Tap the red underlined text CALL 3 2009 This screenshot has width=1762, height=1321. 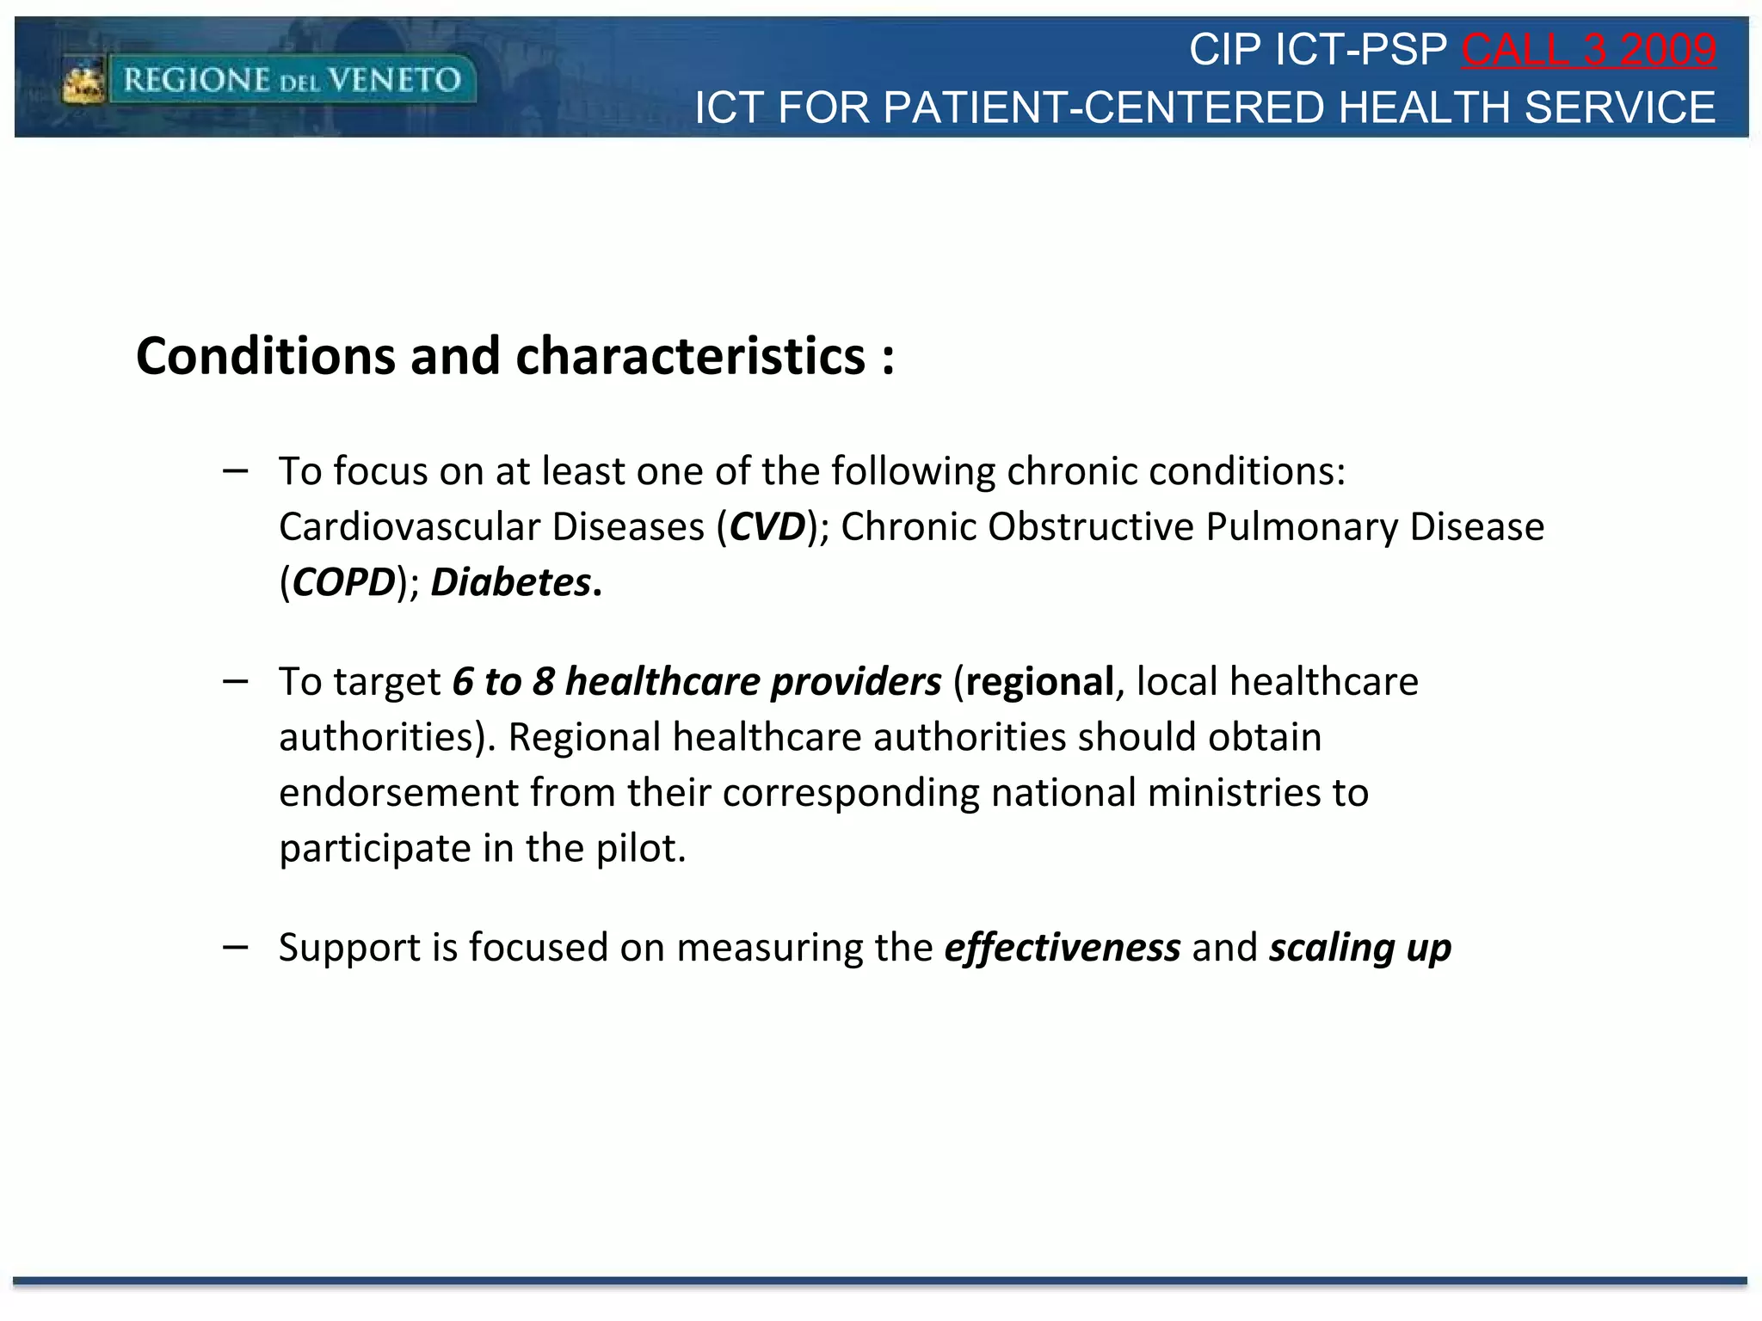(x=1588, y=50)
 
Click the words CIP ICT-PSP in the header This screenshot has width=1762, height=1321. (x=1317, y=50)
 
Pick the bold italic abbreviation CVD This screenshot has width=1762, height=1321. (x=767, y=527)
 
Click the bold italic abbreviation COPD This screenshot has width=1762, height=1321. (x=343, y=583)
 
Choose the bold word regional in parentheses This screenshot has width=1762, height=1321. (x=1039, y=682)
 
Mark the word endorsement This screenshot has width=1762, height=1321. (x=398, y=793)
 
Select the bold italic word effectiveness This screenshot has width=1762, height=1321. (x=1063, y=948)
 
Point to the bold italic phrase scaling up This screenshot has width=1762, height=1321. (x=1360, y=948)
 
